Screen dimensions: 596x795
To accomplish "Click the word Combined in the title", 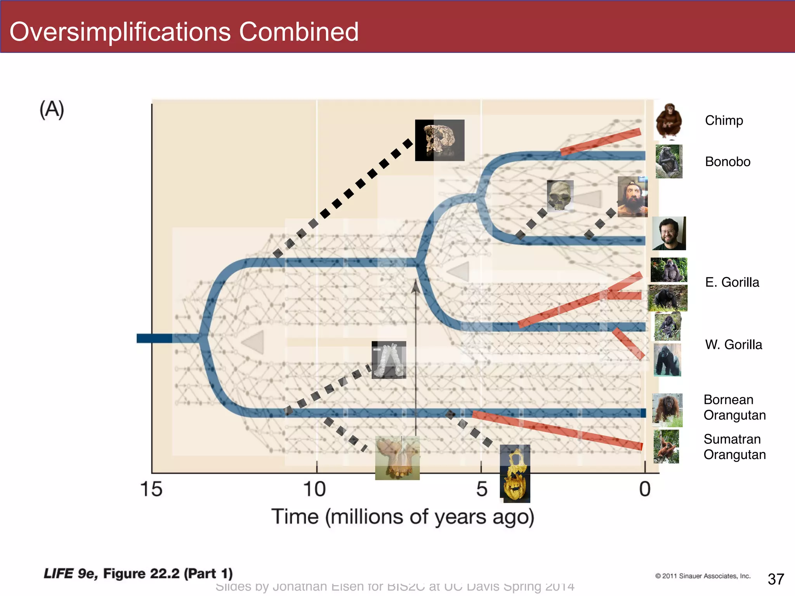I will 299,32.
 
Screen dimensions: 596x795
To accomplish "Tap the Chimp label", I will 724,120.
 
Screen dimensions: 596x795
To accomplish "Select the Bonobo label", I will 727,161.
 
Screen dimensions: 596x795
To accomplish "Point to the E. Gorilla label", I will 732,282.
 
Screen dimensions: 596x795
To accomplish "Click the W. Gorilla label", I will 733,345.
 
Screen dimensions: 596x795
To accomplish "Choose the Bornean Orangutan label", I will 734,407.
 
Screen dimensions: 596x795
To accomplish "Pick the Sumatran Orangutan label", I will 734,447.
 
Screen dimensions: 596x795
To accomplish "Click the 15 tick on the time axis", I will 151,489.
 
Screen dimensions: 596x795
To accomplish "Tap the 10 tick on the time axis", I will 314,489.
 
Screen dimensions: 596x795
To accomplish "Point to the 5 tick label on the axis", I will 482,489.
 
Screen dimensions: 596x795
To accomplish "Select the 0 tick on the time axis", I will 645,489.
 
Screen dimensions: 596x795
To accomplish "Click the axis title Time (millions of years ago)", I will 403,517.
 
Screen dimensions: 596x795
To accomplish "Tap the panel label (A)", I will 52,109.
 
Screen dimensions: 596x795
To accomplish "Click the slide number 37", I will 776,579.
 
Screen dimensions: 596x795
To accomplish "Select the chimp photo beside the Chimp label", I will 668,121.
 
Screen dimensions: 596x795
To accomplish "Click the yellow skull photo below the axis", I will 515,474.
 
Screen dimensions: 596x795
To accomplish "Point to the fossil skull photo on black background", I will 440,140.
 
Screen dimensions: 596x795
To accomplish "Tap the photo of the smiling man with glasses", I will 669,233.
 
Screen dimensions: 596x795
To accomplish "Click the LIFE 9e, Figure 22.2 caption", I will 138,573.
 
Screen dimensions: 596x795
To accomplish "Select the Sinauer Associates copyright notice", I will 703,576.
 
